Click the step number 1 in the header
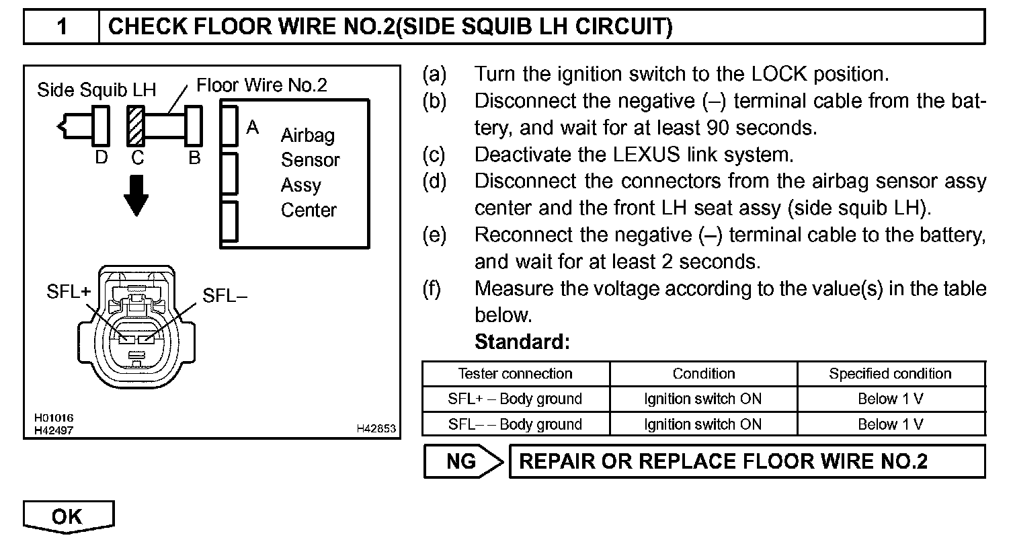(x=61, y=27)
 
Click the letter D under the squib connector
(x=102, y=157)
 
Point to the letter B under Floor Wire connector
(x=194, y=157)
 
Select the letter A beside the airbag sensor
(x=253, y=126)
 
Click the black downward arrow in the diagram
(x=136, y=196)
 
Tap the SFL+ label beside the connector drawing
(x=69, y=292)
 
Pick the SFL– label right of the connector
(x=225, y=296)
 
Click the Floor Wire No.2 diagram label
(x=261, y=85)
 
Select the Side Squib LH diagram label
(x=97, y=90)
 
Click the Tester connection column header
(x=515, y=374)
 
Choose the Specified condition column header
(x=890, y=374)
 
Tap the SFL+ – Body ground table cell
(x=515, y=399)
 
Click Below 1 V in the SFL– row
(x=890, y=424)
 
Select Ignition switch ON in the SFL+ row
(x=702, y=399)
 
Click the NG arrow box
(x=464, y=461)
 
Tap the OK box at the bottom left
(x=68, y=516)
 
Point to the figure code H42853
(x=376, y=429)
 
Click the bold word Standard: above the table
(x=522, y=342)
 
